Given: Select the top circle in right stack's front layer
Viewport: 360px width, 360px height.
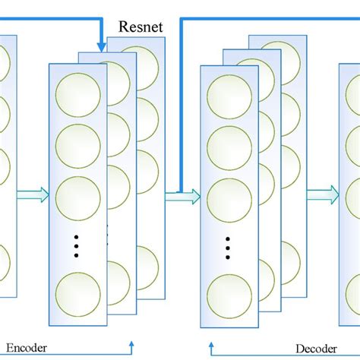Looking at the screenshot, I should pos(229,96).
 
